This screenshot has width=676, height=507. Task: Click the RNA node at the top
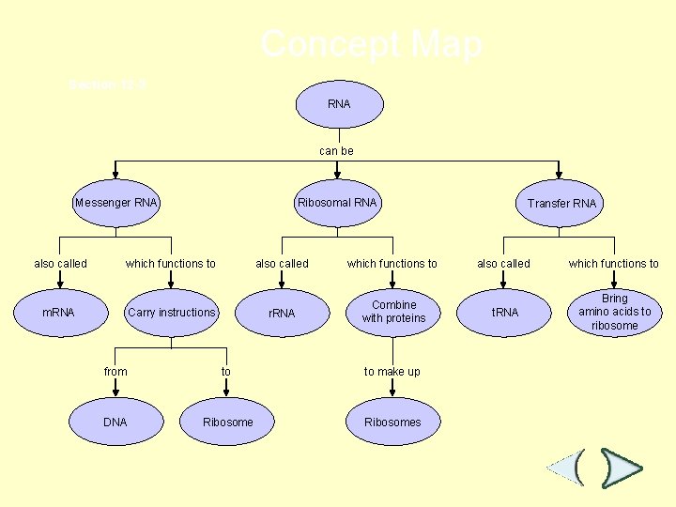tap(339, 104)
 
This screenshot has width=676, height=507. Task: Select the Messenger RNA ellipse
tap(116, 203)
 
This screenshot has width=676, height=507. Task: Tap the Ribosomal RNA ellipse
tap(337, 203)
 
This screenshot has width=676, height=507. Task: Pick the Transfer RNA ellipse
tap(561, 204)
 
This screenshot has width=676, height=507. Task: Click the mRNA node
tap(58, 312)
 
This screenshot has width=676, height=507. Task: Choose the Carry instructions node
tap(172, 312)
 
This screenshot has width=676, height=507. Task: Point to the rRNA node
tap(282, 313)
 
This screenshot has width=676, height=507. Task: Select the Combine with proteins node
tap(393, 312)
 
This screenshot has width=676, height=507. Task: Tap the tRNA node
tap(505, 313)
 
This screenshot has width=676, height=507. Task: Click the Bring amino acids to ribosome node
tap(615, 312)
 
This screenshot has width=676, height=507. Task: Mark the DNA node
tap(115, 422)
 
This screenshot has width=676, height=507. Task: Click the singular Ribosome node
tap(228, 422)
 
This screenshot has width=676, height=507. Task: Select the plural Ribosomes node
tap(392, 422)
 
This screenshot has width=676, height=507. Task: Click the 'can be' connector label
tap(336, 150)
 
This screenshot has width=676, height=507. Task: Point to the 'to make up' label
tap(392, 372)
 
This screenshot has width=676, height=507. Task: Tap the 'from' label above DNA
tap(115, 372)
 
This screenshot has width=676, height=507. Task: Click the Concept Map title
tap(372, 44)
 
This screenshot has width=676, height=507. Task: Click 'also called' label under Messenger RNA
tap(60, 264)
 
